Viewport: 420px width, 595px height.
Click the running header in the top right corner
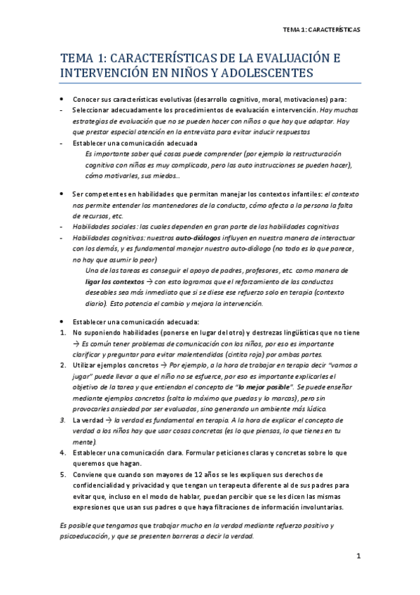tap(320, 30)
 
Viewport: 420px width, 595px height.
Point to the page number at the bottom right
tap(358, 557)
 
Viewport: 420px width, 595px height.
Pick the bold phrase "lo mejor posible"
tap(264, 387)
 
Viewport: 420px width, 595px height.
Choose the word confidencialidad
tap(101, 484)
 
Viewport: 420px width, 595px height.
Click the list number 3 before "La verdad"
tap(64, 420)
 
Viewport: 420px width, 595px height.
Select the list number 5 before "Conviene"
tap(64, 474)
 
